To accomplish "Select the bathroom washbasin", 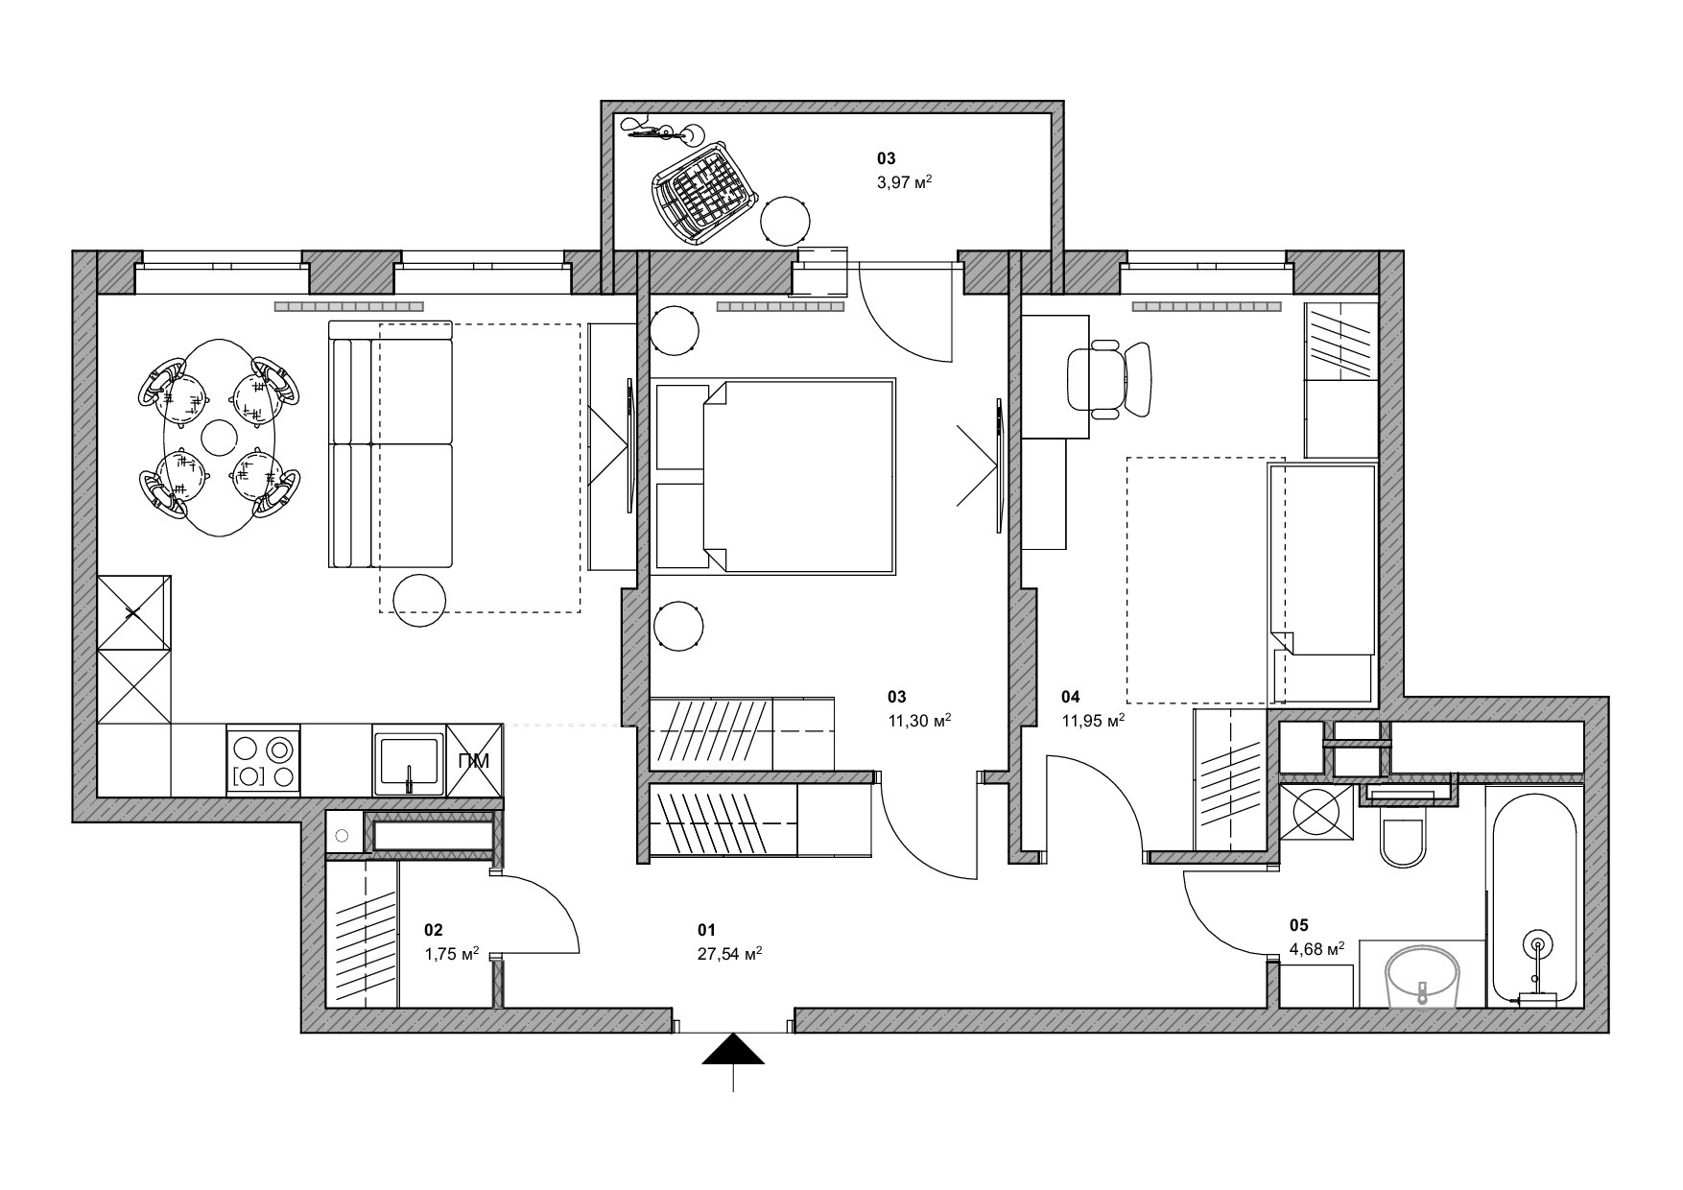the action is (1421, 978).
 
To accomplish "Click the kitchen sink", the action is (409, 759).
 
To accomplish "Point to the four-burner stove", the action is (263, 760).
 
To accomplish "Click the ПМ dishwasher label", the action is (474, 761).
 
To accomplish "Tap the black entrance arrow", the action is (733, 1050).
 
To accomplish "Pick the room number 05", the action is (1298, 926).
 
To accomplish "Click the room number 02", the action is (434, 930).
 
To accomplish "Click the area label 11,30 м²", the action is (918, 721).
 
